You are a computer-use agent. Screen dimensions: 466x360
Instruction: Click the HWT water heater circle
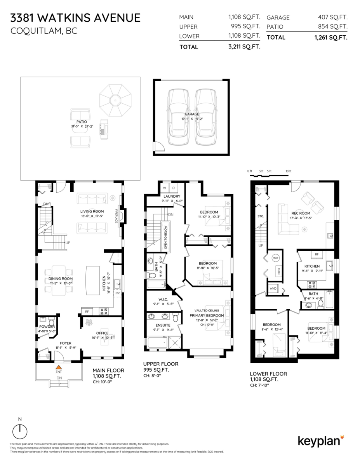coord(276,258)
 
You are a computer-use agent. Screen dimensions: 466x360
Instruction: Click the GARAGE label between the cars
coord(192,114)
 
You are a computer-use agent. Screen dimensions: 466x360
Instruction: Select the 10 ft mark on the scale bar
coord(288,171)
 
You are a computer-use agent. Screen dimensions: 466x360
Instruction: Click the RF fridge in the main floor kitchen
coord(87,311)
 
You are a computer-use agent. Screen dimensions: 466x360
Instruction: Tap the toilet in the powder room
coord(51,322)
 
